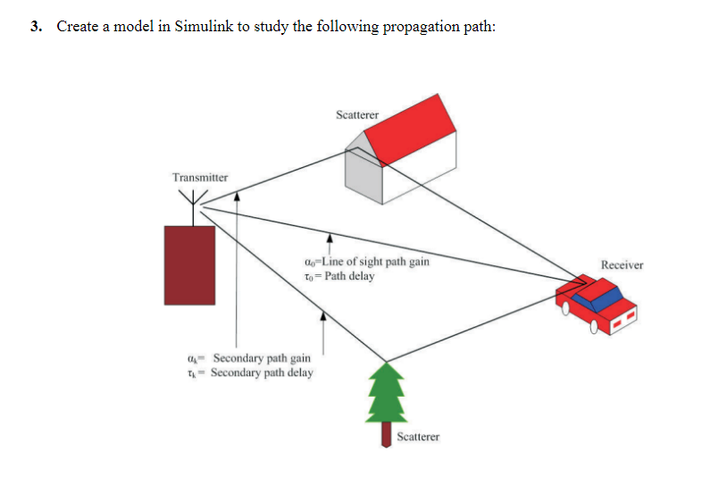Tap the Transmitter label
point(200,177)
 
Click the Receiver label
point(622,265)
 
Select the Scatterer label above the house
point(357,114)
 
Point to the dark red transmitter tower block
point(189,265)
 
